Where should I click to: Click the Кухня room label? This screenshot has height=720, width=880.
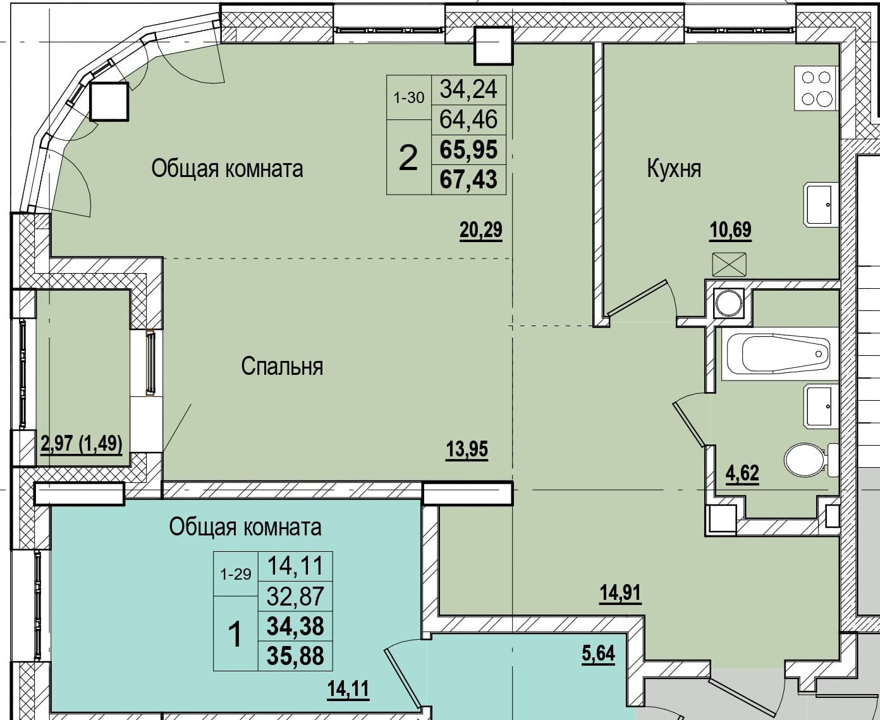click(674, 169)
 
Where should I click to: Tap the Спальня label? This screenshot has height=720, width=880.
click(282, 366)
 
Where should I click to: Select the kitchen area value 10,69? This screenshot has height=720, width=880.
click(731, 230)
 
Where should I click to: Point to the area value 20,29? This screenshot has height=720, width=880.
click(480, 230)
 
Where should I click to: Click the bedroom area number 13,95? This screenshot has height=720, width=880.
click(467, 449)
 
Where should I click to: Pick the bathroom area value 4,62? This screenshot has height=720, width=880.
click(742, 473)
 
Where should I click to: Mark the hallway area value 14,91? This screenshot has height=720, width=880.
click(620, 592)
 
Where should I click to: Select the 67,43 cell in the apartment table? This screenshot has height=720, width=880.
click(468, 180)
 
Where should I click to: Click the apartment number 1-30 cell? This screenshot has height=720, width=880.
click(409, 97)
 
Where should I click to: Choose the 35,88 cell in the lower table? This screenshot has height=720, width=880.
click(295, 656)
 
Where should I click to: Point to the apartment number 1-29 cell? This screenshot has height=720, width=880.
click(236, 574)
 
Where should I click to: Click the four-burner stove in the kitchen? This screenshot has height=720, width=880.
click(817, 88)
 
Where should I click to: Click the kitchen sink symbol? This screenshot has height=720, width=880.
click(822, 205)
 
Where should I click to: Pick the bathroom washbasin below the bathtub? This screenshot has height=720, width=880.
click(822, 406)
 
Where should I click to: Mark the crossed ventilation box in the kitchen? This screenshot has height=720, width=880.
click(729, 264)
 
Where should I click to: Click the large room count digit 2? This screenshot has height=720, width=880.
click(408, 158)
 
